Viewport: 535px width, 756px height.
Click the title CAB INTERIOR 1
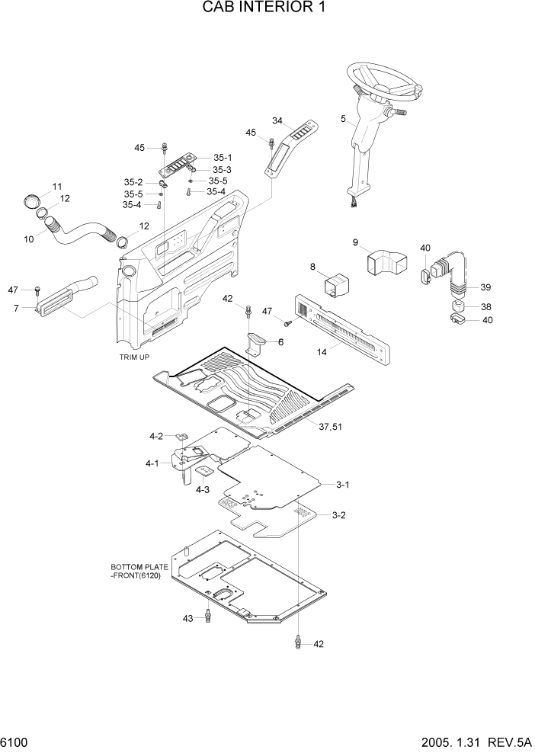(x=267, y=8)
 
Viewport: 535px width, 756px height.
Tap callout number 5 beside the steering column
(x=344, y=119)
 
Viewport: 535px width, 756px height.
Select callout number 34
(x=277, y=121)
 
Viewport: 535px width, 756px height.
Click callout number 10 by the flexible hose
(x=29, y=239)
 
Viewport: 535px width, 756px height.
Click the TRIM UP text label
(x=135, y=357)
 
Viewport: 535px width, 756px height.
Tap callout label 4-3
(x=202, y=490)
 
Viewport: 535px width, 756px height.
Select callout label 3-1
(x=342, y=484)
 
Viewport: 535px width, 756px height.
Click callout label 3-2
(x=339, y=515)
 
